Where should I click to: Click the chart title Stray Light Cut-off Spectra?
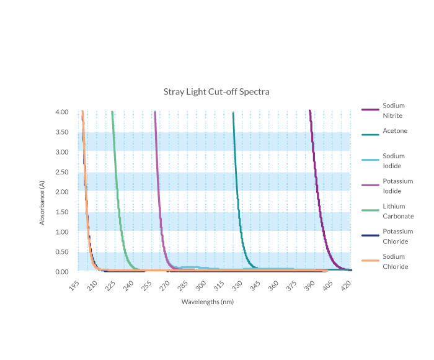pyautogui.click(x=216, y=92)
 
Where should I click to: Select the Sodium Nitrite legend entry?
pyautogui.click(x=393, y=110)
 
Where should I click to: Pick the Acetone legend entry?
pyautogui.click(x=394, y=131)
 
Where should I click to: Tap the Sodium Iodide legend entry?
pyautogui.click(x=393, y=161)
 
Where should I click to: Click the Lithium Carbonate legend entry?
pyautogui.click(x=397, y=211)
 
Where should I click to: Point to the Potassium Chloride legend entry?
pyautogui.click(x=397, y=236)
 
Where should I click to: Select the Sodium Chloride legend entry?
pyautogui.click(x=395, y=261)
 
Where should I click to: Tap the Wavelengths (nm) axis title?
pyautogui.click(x=207, y=302)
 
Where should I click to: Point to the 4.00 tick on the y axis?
pyautogui.click(x=61, y=112)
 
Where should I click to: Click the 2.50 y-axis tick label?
pyautogui.click(x=61, y=172)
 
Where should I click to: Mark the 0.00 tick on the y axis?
pyautogui.click(x=61, y=272)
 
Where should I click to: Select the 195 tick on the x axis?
pyautogui.click(x=75, y=286)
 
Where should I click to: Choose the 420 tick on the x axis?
pyautogui.click(x=347, y=286)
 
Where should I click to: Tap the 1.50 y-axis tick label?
pyautogui.click(x=61, y=212)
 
